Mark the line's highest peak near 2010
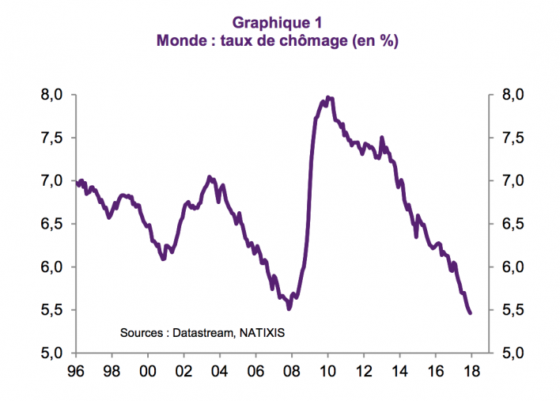[x=327, y=98]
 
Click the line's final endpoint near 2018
[x=470, y=313]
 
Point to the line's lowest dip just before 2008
[x=289, y=308]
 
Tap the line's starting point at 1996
[x=77, y=182]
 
